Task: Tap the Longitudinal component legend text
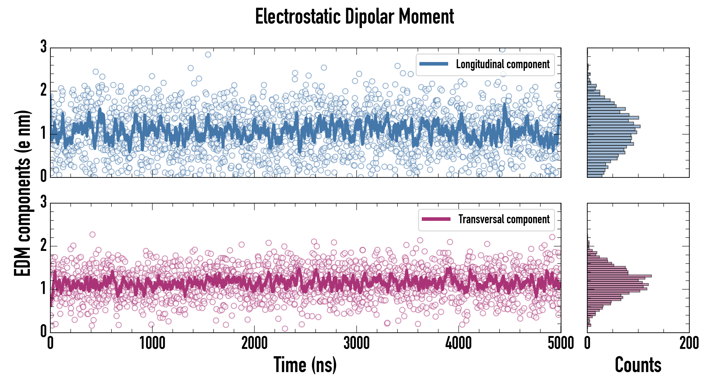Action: pos(503,64)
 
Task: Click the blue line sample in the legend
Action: pos(434,64)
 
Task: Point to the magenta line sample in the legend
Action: pos(436,219)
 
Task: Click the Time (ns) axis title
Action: pos(305,365)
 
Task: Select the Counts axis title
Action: pos(638,365)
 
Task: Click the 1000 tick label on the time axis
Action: pos(152,343)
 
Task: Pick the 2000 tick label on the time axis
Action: pos(254,343)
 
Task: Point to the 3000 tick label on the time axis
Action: pos(356,343)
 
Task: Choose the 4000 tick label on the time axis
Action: pos(458,343)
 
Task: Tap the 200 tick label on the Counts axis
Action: pos(689,343)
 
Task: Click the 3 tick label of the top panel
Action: pos(43,47)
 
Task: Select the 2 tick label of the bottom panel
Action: pos(43,245)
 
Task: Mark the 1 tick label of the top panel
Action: pos(43,134)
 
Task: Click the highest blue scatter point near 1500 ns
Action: pos(208,54)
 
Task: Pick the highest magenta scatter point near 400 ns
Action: pos(92,234)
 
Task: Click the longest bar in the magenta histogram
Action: pos(619,276)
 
